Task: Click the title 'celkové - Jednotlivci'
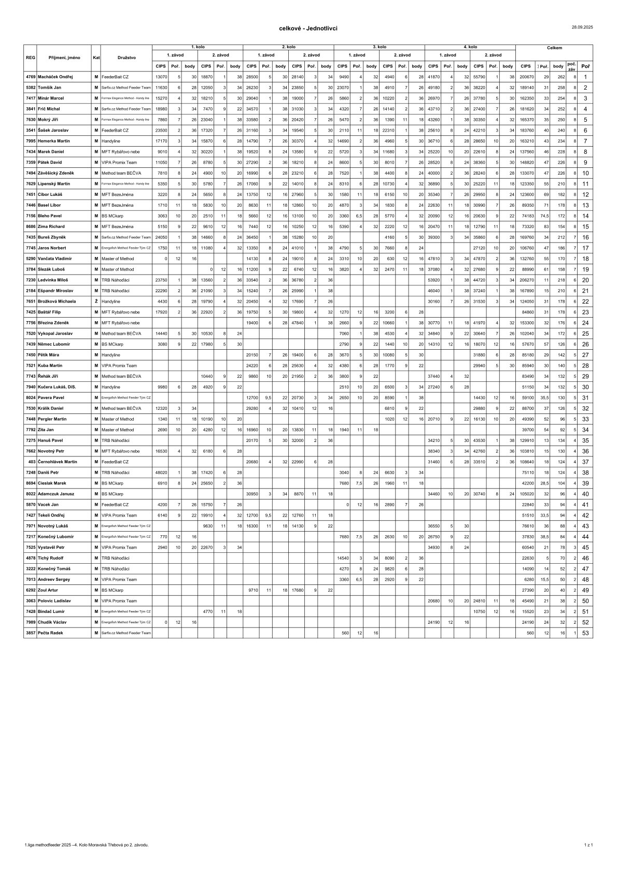308,28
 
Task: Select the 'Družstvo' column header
127,58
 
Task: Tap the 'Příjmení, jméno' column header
64,58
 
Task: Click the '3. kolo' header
379,47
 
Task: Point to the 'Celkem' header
554,48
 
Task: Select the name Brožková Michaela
58,301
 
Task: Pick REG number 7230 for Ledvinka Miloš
31,280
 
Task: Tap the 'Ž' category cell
96,301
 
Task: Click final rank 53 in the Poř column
585,633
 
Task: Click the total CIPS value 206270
526,280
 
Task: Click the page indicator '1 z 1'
588,845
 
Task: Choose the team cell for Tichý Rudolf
127,558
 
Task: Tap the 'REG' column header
31,58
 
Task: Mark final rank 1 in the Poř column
585,77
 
